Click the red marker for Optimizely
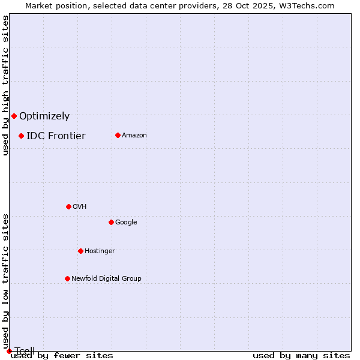coord(14,116)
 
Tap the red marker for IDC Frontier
coord(21,136)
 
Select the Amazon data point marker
coord(118,135)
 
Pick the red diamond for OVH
coord(68,206)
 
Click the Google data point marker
coord(111,222)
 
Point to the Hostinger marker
coord(80,251)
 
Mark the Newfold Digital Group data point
coord(67,278)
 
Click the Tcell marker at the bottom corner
coord(9,351)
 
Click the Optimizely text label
coord(44,116)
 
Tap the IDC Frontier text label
coord(56,136)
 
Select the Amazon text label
coord(134,136)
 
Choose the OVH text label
coord(80,207)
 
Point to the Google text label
coord(126,223)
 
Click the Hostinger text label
coord(100,251)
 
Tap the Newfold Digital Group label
coord(106,279)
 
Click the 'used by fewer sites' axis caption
coord(62,355)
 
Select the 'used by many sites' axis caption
coord(301,355)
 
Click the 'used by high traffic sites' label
coord(5,85)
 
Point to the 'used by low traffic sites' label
coord(5,281)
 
